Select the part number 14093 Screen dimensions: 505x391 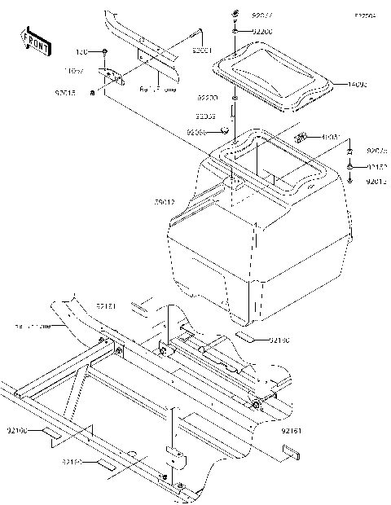click(358, 83)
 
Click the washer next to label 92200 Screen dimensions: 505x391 click(235, 31)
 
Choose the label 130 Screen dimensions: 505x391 click(81, 51)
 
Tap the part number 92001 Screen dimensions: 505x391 click(202, 50)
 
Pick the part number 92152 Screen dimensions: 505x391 click(376, 166)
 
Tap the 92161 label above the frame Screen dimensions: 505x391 click(107, 305)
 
